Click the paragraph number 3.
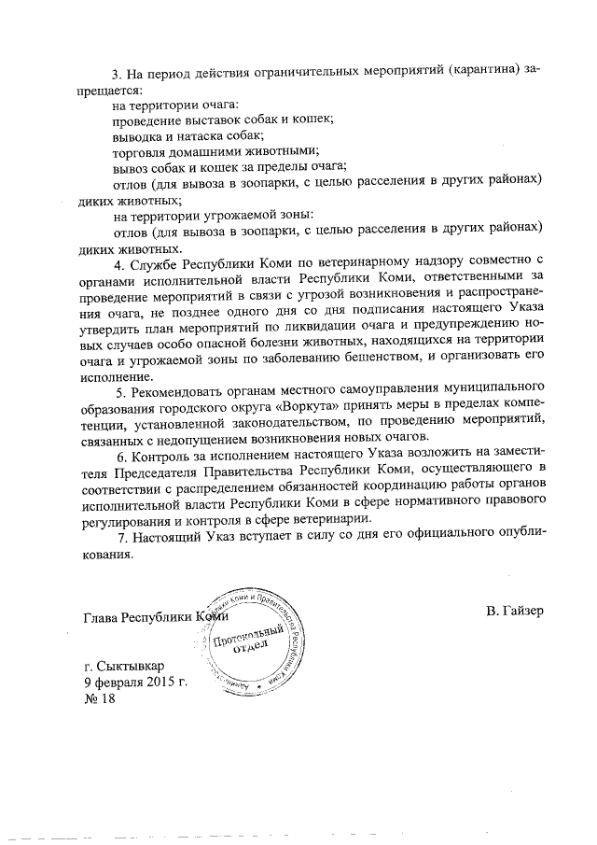tap(117, 73)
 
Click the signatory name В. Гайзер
tap(514, 611)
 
